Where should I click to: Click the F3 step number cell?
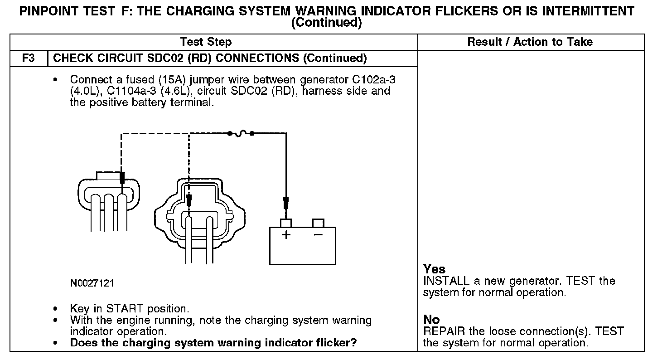click(28, 58)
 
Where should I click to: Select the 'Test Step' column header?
click(206, 42)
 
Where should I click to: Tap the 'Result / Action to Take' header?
click(530, 42)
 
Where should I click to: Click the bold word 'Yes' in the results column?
click(434, 269)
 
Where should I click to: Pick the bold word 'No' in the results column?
click(431, 320)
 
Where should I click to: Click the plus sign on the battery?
click(286, 235)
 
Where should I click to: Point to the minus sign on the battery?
click(318, 235)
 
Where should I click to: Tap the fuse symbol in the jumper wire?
click(241, 133)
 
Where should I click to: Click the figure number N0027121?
click(92, 283)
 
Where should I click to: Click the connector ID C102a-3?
click(374, 80)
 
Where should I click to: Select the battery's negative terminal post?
click(318, 223)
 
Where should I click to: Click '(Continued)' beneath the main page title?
click(326, 23)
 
